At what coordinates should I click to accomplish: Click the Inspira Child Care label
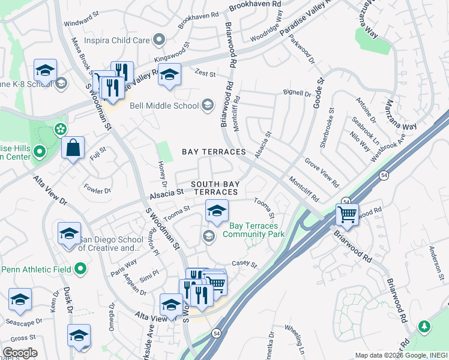(114, 41)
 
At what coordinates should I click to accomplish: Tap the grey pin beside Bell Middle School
(207, 106)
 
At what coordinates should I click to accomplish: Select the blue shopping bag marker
(73, 148)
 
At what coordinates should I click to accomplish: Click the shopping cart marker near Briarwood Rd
(347, 214)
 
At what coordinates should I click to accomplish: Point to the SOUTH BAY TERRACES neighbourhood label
(214, 187)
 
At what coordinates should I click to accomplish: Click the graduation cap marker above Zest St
(170, 74)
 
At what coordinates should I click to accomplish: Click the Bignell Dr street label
(297, 94)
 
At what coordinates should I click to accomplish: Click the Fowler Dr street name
(98, 190)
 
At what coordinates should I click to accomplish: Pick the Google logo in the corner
(20, 353)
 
